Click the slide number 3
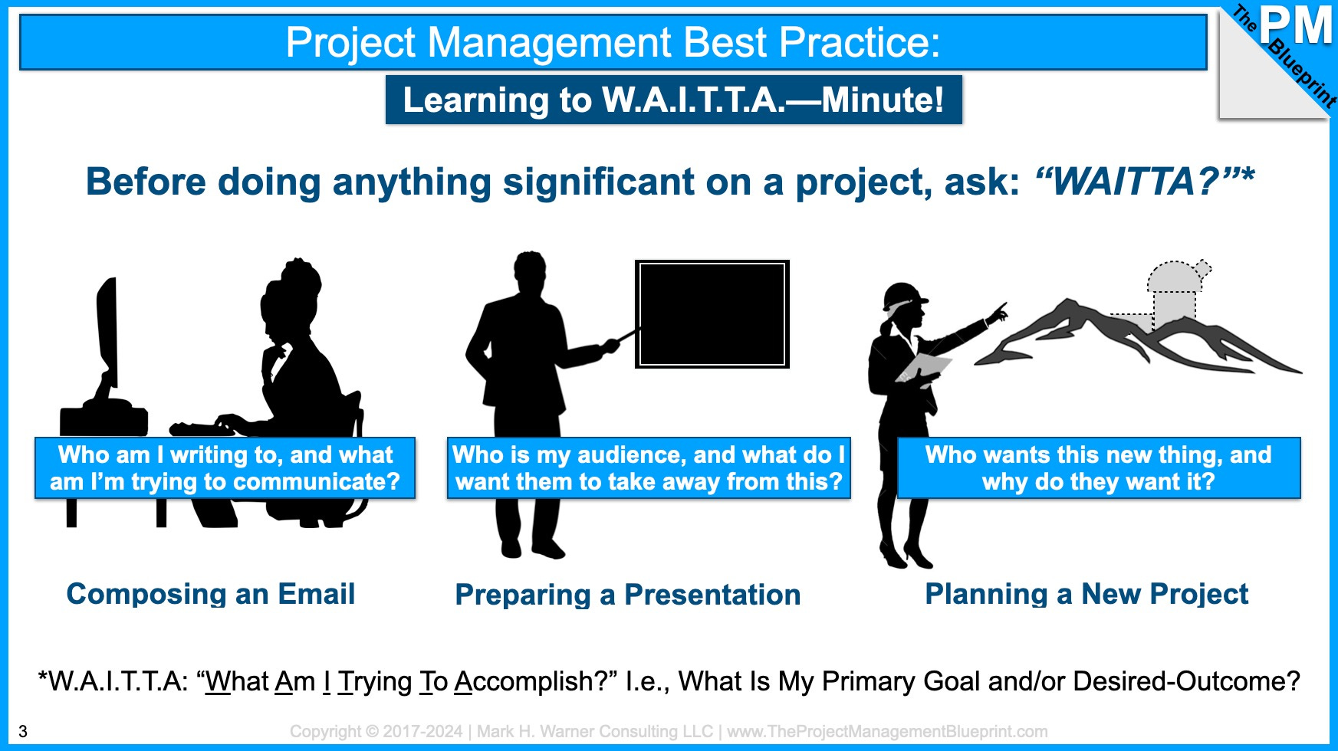coord(23,731)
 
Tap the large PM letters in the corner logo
coord(1296,25)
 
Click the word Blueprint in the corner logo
coord(1303,73)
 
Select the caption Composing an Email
coord(211,594)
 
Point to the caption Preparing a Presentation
coord(628,595)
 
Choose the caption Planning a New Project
coord(1087,594)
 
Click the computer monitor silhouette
coord(107,337)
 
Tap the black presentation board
coord(712,314)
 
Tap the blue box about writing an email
coord(225,468)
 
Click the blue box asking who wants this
coord(1099,468)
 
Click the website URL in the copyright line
coord(887,732)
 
